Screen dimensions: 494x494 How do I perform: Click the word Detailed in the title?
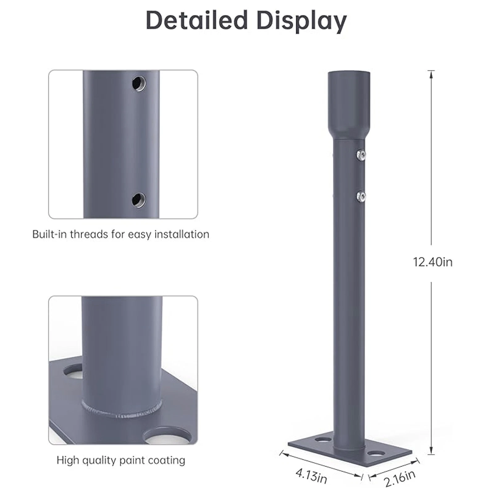pyautogui.click(x=197, y=20)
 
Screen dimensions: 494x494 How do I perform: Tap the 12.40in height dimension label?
pyautogui.click(x=433, y=262)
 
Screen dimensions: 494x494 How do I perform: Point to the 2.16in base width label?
pyautogui.click(x=400, y=478)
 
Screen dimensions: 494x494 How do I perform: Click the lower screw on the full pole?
pyautogui.click(x=361, y=195)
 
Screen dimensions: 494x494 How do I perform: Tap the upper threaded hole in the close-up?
pyautogui.click(x=139, y=83)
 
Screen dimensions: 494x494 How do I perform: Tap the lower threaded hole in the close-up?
pyautogui.click(x=139, y=200)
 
